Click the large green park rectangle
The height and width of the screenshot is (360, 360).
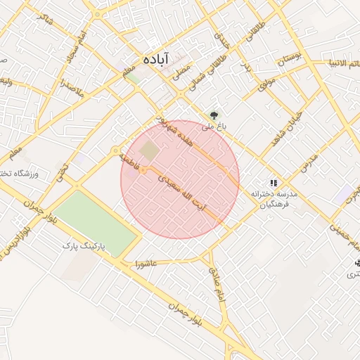[x=95, y=221]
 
